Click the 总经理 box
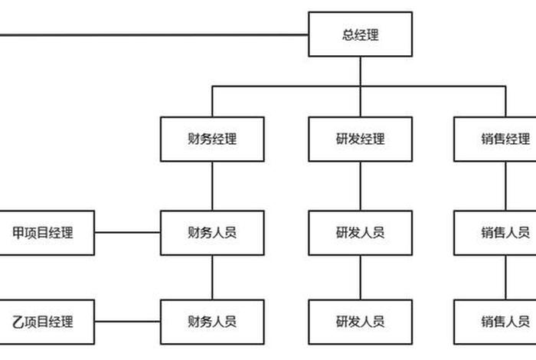coord(360,34)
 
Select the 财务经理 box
coord(212,139)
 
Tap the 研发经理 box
coord(360,139)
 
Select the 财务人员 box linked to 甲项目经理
coord(212,232)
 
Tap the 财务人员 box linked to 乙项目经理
coord(212,322)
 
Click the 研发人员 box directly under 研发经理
coord(360,232)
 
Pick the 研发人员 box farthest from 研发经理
coord(360,322)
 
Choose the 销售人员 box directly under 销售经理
coord(502,232)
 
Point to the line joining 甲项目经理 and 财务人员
coord(127,232)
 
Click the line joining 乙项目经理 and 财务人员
coord(127,322)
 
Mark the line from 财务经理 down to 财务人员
coord(212,185)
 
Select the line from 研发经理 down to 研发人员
coord(360,185)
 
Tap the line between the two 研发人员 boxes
coord(360,277)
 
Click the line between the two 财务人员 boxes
coord(212,277)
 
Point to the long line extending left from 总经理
coord(153,34)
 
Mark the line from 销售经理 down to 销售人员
coord(505,185)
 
